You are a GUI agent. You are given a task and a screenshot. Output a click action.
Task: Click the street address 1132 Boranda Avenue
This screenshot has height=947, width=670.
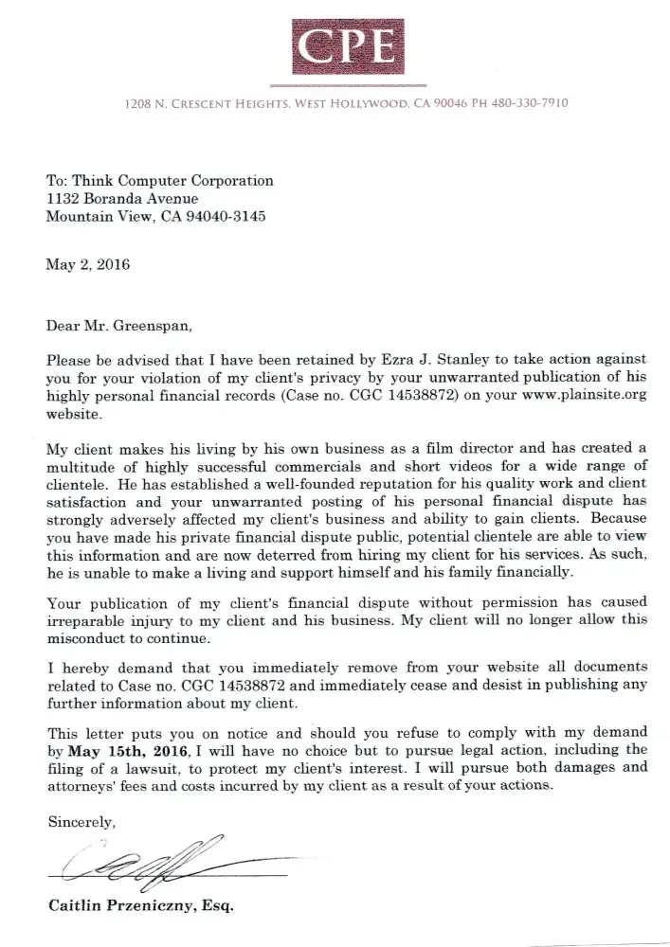point(122,198)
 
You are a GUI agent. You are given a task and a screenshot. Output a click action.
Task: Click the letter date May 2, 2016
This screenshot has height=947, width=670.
point(88,264)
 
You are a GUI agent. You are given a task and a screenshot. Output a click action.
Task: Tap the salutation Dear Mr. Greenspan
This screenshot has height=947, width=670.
point(118,328)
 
